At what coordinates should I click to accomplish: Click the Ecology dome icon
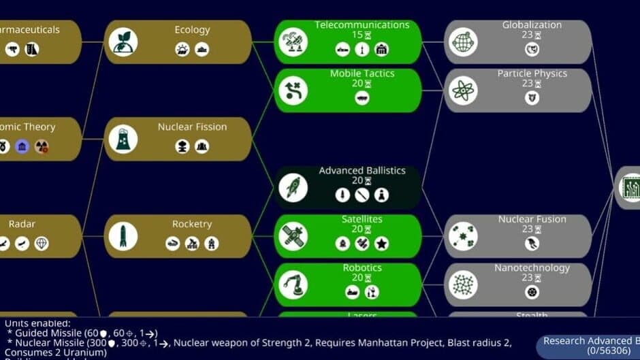click(123, 42)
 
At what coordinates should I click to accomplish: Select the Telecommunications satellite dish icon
click(293, 42)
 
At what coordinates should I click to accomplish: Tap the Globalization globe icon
click(464, 42)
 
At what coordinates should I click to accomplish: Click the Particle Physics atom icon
click(464, 91)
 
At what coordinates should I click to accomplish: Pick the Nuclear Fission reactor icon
click(123, 139)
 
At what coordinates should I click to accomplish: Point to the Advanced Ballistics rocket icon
click(293, 187)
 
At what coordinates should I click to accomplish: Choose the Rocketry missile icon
click(123, 236)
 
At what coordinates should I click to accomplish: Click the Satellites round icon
click(293, 236)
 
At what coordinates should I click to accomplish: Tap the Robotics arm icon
click(293, 284)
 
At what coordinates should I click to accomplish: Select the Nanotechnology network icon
click(464, 284)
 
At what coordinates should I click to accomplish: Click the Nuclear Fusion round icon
click(464, 236)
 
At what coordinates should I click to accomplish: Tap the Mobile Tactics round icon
click(293, 91)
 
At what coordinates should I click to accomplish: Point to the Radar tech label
click(22, 224)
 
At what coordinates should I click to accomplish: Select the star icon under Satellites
click(382, 243)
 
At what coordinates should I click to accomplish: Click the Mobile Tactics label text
click(362, 73)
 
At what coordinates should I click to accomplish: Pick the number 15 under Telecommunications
click(357, 35)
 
